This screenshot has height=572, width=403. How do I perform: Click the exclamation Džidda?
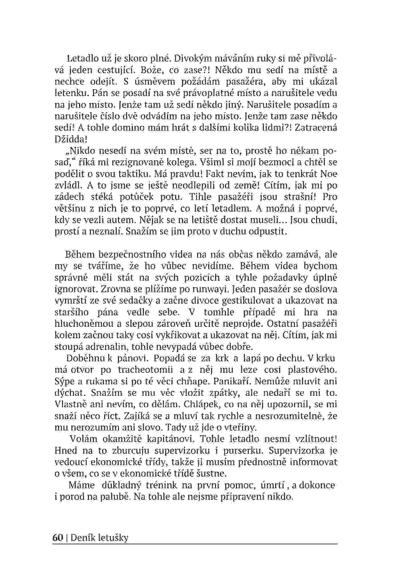point(70,139)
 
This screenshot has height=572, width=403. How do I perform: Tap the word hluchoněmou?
point(83,324)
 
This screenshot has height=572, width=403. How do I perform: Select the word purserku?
point(243,451)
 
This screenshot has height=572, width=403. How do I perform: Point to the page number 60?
point(58,538)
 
